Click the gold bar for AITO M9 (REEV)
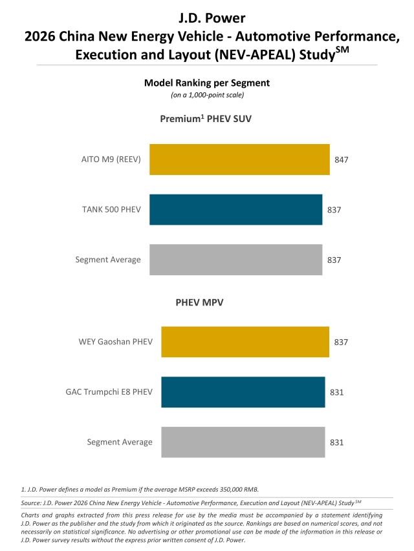click(x=239, y=160)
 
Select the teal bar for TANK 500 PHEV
click(x=235, y=210)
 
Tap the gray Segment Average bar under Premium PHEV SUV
click(x=235, y=260)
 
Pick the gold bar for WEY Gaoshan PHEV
click(x=245, y=342)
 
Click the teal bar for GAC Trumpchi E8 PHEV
click(x=243, y=392)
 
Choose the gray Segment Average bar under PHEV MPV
click(x=243, y=442)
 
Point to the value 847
click(x=342, y=160)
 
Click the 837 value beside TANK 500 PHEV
click(x=334, y=210)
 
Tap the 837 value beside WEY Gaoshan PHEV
click(x=341, y=342)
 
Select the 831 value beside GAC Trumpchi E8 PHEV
click(x=336, y=392)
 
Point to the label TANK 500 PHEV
click(x=111, y=210)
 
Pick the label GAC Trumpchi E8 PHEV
click(x=109, y=392)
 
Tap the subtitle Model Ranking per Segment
click(x=207, y=83)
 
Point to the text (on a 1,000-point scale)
click(x=207, y=95)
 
